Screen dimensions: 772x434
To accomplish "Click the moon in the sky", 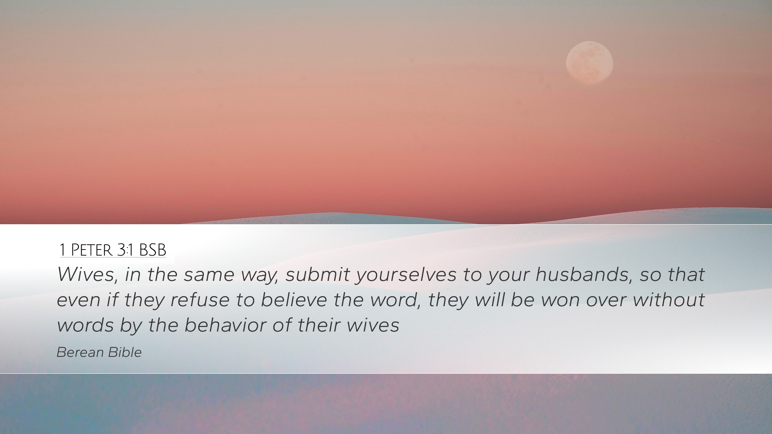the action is [589, 62].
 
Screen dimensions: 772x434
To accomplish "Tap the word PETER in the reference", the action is [91, 250].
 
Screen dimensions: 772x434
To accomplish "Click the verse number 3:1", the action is [125, 250].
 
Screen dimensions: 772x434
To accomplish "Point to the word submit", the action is [318, 274].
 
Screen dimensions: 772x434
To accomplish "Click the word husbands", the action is [582, 274].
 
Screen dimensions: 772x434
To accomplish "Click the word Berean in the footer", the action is [80, 352].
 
